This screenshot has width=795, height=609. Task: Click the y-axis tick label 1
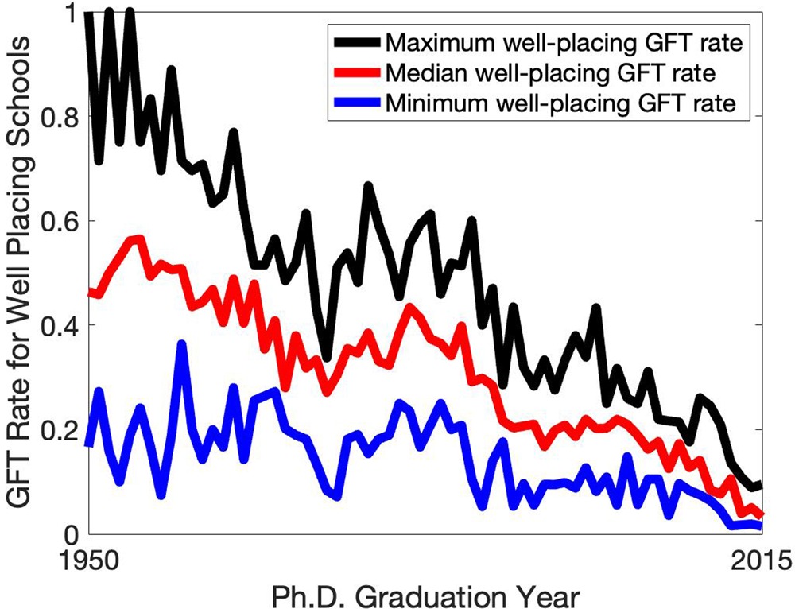tap(68, 14)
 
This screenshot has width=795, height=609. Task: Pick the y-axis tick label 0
tap(68, 534)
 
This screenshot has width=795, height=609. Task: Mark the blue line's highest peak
tap(182, 343)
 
